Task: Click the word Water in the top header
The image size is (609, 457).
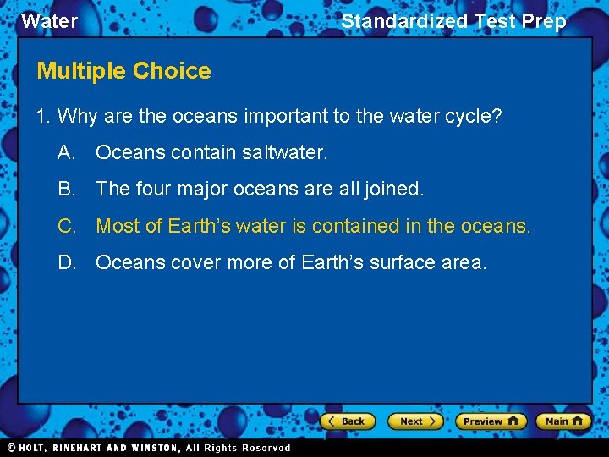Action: (x=49, y=21)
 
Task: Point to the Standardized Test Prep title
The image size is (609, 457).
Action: (x=453, y=21)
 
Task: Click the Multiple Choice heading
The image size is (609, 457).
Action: (x=123, y=71)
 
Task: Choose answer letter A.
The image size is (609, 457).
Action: (x=66, y=152)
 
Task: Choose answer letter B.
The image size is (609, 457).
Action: (x=66, y=189)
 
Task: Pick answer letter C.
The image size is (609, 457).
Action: (x=66, y=226)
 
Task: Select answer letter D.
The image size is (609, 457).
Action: (x=66, y=262)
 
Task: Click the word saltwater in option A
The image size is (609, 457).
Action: (x=284, y=152)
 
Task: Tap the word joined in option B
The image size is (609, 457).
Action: (x=392, y=189)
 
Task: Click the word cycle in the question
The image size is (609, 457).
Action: (x=470, y=116)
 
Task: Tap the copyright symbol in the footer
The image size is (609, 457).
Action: (x=12, y=448)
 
